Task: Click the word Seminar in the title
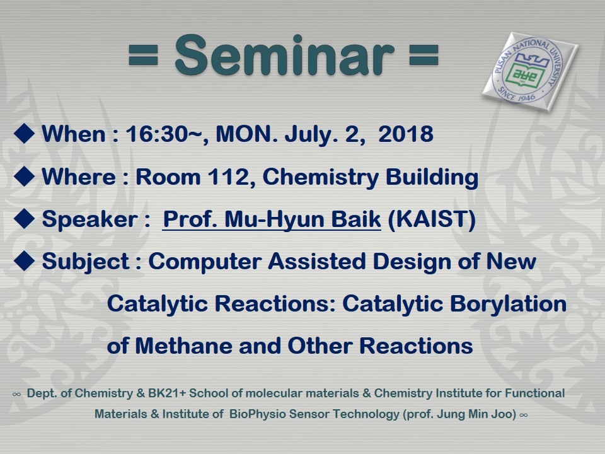click(x=284, y=55)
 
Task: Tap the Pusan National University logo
click(x=530, y=72)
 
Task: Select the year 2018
click(x=405, y=134)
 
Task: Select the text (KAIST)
click(x=431, y=219)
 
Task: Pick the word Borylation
click(x=508, y=304)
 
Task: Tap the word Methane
click(x=183, y=346)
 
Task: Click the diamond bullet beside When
click(x=25, y=133)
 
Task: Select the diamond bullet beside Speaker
click(x=25, y=218)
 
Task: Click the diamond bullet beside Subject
click(x=25, y=260)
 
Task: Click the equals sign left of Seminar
click(x=143, y=55)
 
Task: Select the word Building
click(x=432, y=178)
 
